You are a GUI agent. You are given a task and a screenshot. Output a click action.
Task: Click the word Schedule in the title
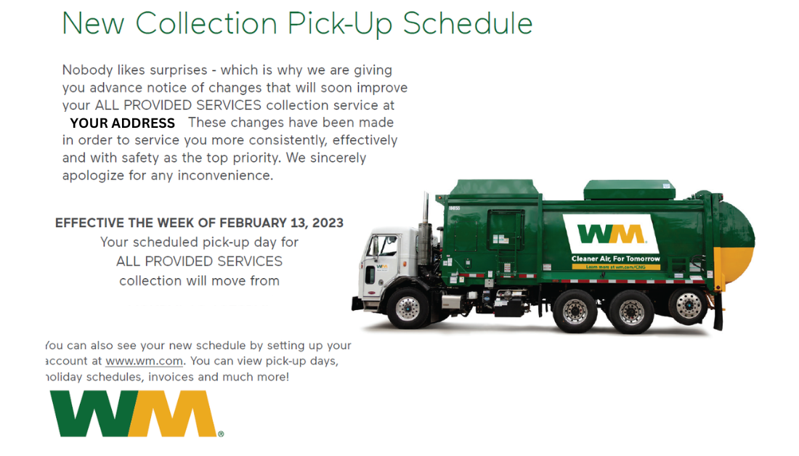[x=468, y=23]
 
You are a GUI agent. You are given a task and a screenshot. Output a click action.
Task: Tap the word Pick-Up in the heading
[x=340, y=23]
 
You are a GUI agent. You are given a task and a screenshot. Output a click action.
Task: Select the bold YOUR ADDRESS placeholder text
[x=122, y=123]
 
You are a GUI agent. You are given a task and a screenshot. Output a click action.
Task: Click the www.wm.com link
[x=144, y=361]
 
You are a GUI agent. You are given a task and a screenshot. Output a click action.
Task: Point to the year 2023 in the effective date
[x=324, y=223]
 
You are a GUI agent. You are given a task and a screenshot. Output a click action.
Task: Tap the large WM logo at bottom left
[x=134, y=413]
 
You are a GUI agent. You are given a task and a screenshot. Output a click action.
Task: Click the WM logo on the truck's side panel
[x=610, y=234]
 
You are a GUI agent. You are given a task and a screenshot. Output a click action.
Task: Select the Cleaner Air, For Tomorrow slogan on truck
[x=615, y=258]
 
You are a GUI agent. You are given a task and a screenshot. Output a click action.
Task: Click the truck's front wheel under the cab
[x=405, y=309]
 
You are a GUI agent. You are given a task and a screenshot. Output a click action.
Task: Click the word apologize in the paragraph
[x=96, y=175]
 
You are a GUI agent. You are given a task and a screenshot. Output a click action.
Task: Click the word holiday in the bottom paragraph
[x=63, y=377]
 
